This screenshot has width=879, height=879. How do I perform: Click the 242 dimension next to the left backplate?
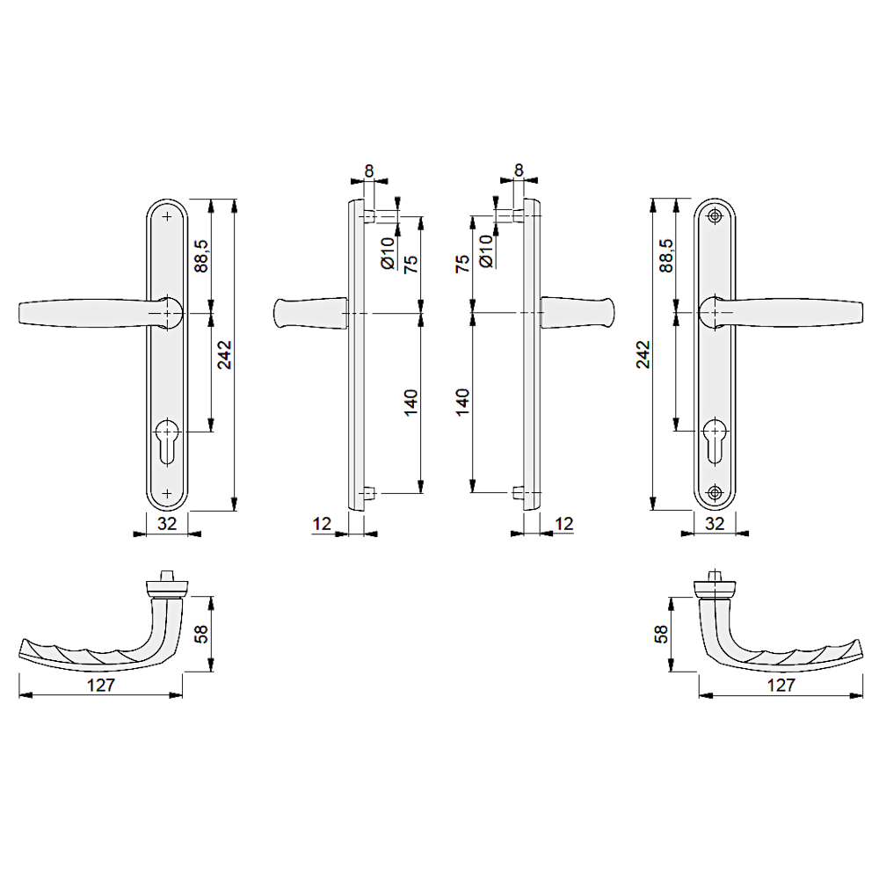pyautogui.click(x=224, y=354)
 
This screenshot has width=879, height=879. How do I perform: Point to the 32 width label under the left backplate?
pyautogui.click(x=167, y=526)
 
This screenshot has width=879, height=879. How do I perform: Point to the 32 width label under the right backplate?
pyautogui.click(x=715, y=526)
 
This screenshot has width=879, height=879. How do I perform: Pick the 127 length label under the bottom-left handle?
pyautogui.click(x=103, y=686)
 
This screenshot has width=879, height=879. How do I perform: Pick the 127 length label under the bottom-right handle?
pyautogui.click(x=781, y=686)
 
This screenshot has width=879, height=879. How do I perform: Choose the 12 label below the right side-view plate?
pyautogui.click(x=563, y=525)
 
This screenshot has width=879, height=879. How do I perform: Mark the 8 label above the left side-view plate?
pyautogui.click(x=368, y=171)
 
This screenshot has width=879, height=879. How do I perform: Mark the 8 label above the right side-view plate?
pyautogui.click(x=519, y=171)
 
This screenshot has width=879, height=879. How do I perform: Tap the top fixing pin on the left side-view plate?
pyautogui.click(x=369, y=214)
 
